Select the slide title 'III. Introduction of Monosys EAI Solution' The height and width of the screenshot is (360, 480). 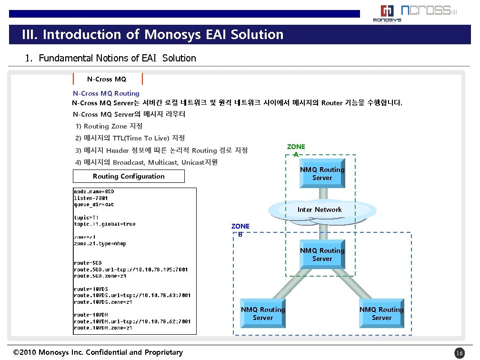(x=152, y=35)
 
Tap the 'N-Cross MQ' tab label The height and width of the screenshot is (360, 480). (x=107, y=79)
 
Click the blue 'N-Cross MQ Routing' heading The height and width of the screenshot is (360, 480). (x=106, y=93)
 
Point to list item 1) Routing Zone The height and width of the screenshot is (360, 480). (x=109, y=126)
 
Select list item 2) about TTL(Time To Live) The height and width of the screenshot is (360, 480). (x=130, y=138)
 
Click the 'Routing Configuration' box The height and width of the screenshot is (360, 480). (x=129, y=176)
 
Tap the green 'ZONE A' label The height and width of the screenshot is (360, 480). (x=296, y=150)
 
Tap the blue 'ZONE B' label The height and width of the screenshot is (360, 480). (x=240, y=230)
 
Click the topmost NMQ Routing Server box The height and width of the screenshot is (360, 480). (x=322, y=174)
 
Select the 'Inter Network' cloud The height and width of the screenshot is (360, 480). (x=320, y=210)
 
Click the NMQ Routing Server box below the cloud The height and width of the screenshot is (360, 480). (x=322, y=255)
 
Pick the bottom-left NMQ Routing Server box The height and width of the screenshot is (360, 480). (x=263, y=314)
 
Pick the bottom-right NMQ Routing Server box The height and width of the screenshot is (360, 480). (x=381, y=314)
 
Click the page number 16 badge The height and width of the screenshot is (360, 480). (x=459, y=353)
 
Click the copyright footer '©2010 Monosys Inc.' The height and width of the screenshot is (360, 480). (x=98, y=352)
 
